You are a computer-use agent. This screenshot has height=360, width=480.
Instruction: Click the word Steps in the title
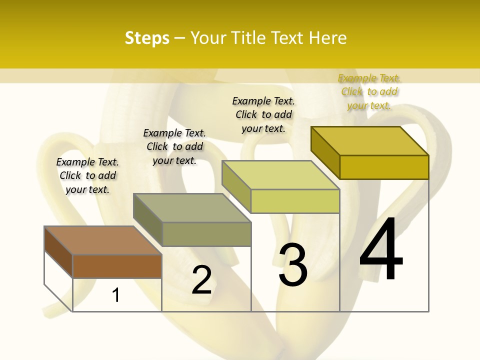pos(147,38)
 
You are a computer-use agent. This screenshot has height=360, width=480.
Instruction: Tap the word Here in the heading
pos(328,38)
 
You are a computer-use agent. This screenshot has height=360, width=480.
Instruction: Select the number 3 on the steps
pos(293,264)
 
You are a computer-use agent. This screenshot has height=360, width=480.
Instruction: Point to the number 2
pos(201,280)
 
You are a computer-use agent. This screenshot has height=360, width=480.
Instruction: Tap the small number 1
pos(116,295)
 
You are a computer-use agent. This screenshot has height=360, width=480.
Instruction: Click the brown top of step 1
pos(102,240)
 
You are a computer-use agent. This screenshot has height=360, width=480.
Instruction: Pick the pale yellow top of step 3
pos(280,175)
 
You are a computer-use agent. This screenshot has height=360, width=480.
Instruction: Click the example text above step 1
pos(87,175)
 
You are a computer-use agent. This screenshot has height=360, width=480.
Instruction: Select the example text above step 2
pos(174,146)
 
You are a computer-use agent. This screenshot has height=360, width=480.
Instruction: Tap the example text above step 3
pos(263,114)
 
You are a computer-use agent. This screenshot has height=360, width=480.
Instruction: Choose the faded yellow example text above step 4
pos(369,91)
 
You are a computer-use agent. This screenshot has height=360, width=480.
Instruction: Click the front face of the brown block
pos(117,266)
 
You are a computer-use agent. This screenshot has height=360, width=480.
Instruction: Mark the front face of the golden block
pos(384,167)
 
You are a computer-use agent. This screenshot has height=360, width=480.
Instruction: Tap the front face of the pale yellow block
pos(295,201)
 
